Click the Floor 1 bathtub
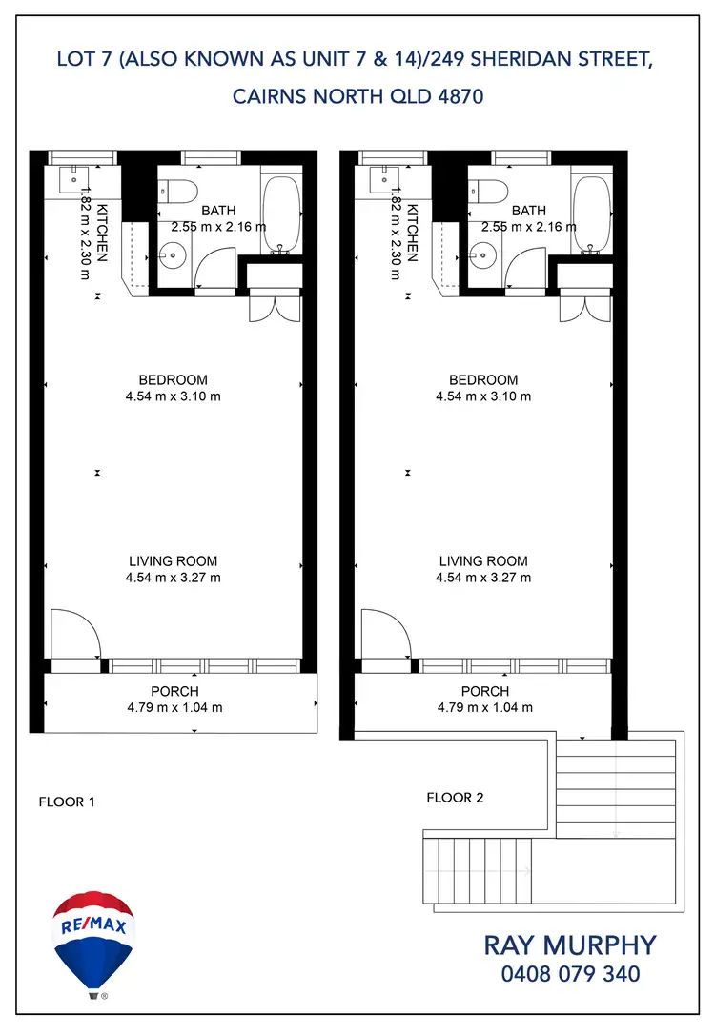tap(279, 214)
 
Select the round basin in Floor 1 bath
tap(173, 253)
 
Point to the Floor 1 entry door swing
tap(74, 632)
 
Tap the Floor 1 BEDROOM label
tap(173, 379)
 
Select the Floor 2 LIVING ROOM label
tap(483, 561)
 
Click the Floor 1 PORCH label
tap(175, 691)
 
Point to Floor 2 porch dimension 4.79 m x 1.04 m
tap(485, 707)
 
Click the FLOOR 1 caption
tap(67, 802)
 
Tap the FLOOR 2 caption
tap(455, 797)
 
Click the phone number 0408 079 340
tap(570, 974)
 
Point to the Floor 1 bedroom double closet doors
tap(275, 309)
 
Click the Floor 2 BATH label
tap(529, 211)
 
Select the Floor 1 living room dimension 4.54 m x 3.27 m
tap(173, 578)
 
